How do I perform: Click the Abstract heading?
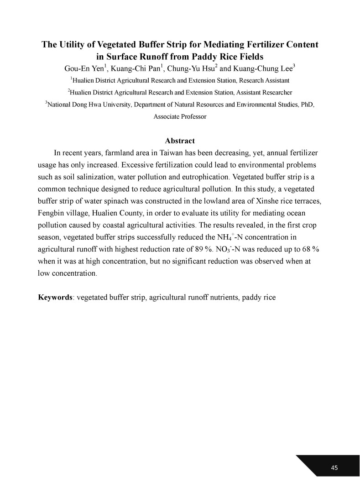(x=180, y=141)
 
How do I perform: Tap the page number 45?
(x=334, y=467)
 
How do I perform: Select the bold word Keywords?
(x=55, y=297)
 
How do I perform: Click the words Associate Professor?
(x=180, y=116)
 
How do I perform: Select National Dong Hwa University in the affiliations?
(x=87, y=105)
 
